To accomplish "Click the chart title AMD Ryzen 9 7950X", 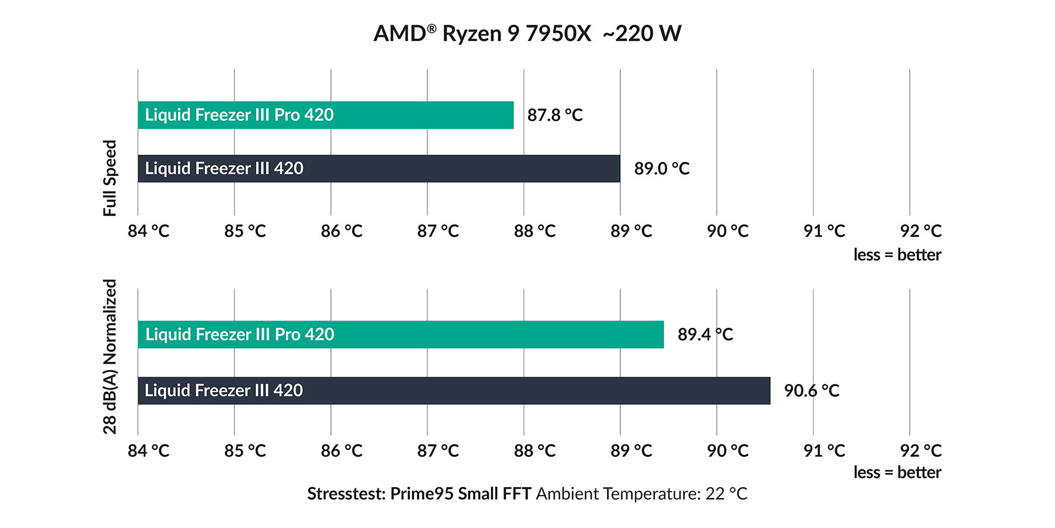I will [x=527, y=33].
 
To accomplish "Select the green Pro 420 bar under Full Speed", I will [x=325, y=115].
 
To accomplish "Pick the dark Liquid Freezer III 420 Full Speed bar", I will [x=379, y=168].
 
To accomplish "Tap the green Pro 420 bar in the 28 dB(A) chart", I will [x=400, y=334].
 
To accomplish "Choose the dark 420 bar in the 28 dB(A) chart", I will [x=454, y=391].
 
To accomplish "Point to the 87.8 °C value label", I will [x=554, y=115].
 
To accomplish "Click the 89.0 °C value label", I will [x=661, y=168].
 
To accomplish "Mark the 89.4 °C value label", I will [x=705, y=334].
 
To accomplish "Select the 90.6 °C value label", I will [x=811, y=391].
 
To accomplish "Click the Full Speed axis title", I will [x=110, y=178].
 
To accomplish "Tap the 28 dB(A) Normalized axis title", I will [x=110, y=356].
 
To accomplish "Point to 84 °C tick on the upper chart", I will [x=148, y=231].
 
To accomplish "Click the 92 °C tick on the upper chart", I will [x=920, y=231].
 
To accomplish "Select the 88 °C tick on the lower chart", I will [x=534, y=451].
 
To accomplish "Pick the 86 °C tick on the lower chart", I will [x=341, y=451].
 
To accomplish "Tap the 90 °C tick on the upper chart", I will [x=727, y=231].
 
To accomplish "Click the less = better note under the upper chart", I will [x=897, y=255].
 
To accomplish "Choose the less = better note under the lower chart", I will [x=897, y=472].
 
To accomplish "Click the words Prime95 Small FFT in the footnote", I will [x=460, y=494].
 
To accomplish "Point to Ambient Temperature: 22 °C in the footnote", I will [x=641, y=494].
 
